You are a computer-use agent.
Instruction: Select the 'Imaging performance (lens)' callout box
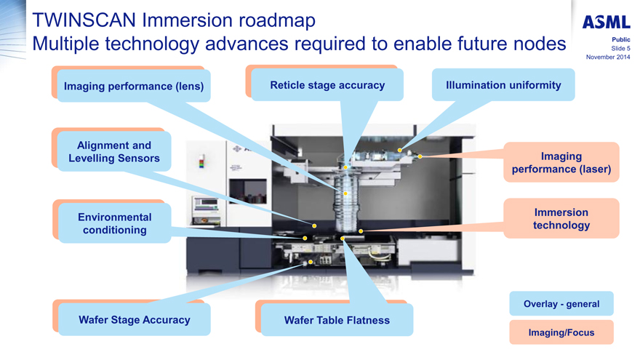pyautogui.click(x=134, y=86)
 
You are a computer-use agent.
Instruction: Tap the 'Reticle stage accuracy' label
pyautogui.click(x=327, y=85)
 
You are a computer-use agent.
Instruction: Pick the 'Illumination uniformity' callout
pyautogui.click(x=503, y=85)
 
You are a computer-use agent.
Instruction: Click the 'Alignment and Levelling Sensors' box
pyautogui.click(x=113, y=152)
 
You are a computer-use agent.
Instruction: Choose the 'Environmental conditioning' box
pyautogui.click(x=114, y=223)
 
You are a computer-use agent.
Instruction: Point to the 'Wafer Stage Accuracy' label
pyautogui.click(x=135, y=319)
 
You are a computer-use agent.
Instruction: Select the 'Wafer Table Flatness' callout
pyautogui.click(x=337, y=320)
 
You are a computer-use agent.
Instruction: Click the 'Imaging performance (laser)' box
pyautogui.click(x=561, y=162)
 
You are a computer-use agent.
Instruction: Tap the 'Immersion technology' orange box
pyautogui.click(x=561, y=219)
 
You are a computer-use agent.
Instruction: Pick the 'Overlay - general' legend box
pyautogui.click(x=561, y=304)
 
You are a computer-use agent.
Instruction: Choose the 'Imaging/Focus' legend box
pyautogui.click(x=561, y=332)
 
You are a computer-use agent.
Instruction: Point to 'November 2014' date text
pyautogui.click(x=607, y=57)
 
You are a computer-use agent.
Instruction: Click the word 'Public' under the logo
pyautogui.click(x=620, y=40)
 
